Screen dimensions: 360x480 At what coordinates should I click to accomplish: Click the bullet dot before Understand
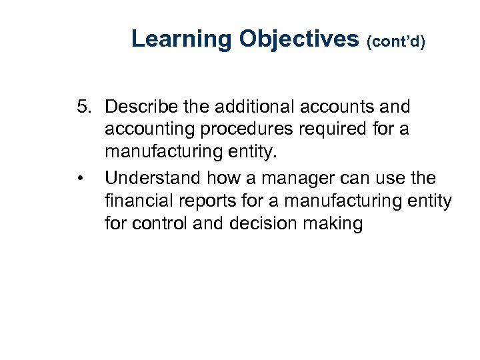(x=79, y=179)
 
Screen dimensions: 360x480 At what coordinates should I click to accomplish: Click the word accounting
(x=145, y=129)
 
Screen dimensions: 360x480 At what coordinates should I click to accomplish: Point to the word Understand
(x=153, y=179)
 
